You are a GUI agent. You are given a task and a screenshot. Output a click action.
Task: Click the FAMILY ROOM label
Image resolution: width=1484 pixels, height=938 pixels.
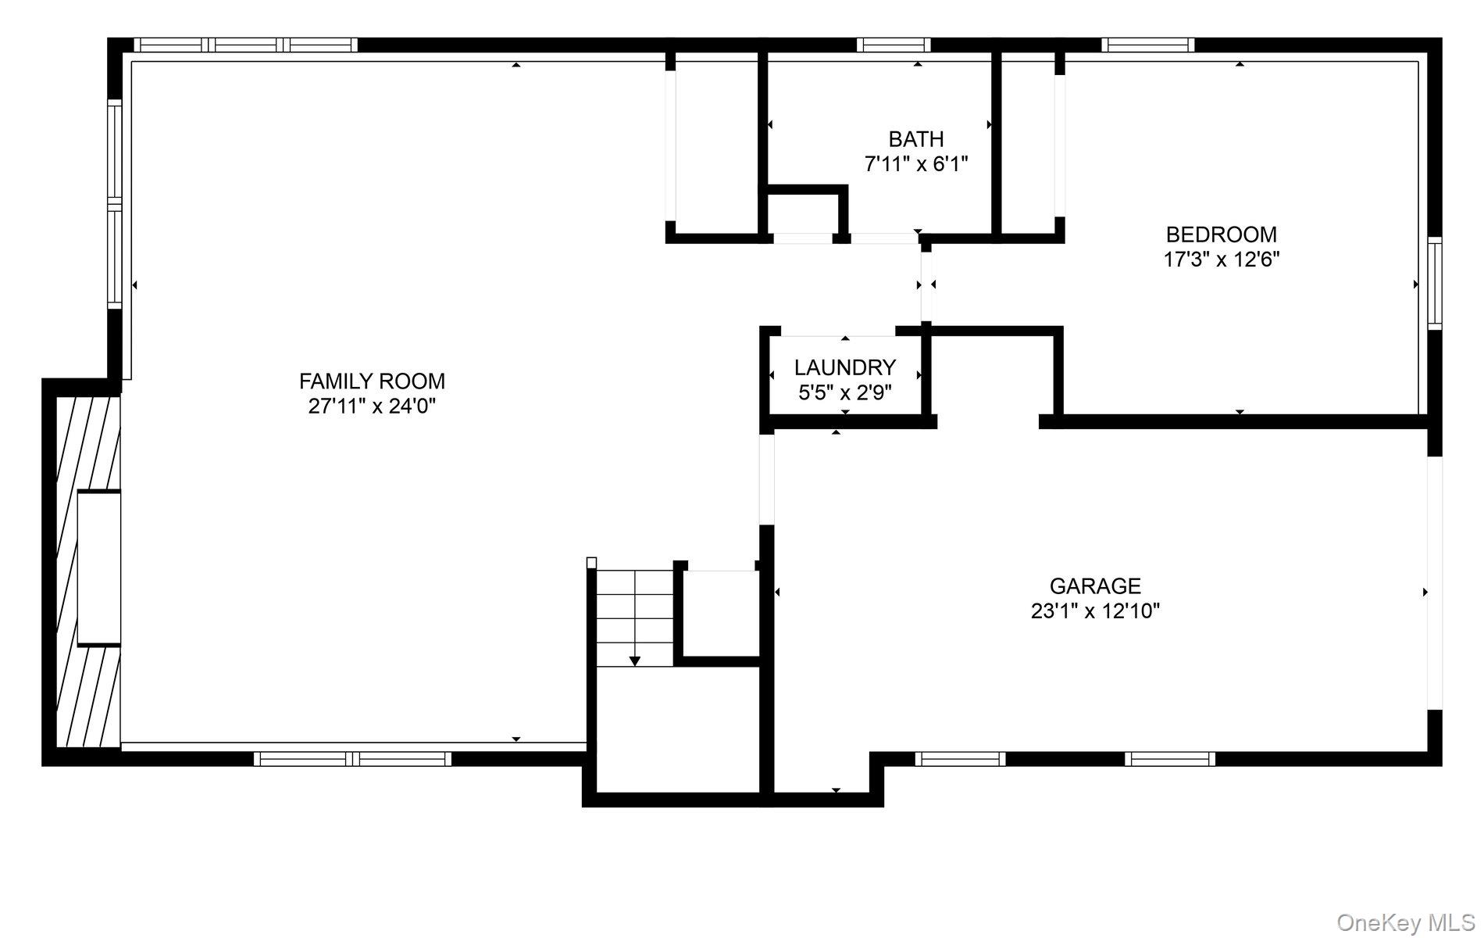(372, 381)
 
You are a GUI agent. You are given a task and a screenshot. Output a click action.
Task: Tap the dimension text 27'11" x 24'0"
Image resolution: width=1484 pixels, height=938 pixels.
(372, 406)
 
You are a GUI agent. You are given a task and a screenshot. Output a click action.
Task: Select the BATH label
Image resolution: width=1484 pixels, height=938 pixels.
(916, 139)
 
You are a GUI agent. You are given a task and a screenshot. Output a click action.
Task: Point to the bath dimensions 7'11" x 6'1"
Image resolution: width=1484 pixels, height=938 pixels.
(916, 164)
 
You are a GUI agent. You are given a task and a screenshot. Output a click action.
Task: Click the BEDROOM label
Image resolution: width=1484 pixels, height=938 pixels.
(1222, 234)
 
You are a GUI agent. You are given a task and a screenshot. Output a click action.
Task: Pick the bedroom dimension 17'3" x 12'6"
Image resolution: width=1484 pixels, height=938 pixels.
(1222, 260)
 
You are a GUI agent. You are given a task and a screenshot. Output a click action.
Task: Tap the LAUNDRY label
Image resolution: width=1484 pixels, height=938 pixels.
(845, 367)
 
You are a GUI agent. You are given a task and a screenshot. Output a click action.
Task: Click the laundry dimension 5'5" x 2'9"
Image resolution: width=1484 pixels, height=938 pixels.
(845, 392)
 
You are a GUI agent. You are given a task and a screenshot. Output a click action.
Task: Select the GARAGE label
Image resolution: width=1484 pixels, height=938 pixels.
(1095, 585)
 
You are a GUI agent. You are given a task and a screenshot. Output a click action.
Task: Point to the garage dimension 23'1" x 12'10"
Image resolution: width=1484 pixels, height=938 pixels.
(1095, 610)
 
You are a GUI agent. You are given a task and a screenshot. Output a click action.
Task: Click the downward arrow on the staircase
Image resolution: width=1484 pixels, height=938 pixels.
(635, 661)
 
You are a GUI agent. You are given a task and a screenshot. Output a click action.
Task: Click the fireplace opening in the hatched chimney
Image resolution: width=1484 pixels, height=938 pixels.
(99, 567)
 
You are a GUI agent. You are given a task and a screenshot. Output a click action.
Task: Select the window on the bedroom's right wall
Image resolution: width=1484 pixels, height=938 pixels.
(1435, 283)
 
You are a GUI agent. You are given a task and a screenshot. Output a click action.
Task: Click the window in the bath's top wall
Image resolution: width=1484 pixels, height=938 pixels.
(893, 45)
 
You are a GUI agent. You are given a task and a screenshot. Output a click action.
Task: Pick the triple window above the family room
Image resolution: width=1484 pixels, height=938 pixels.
(245, 45)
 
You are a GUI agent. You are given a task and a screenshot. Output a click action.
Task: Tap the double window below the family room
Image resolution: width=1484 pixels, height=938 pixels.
(353, 758)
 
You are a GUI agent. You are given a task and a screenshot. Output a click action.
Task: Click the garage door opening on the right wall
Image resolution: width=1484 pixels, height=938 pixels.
(1435, 582)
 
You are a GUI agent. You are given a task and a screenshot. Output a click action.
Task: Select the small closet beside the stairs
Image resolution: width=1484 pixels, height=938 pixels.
(720, 614)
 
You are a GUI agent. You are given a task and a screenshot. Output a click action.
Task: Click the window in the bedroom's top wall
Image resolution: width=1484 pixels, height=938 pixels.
(1147, 45)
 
